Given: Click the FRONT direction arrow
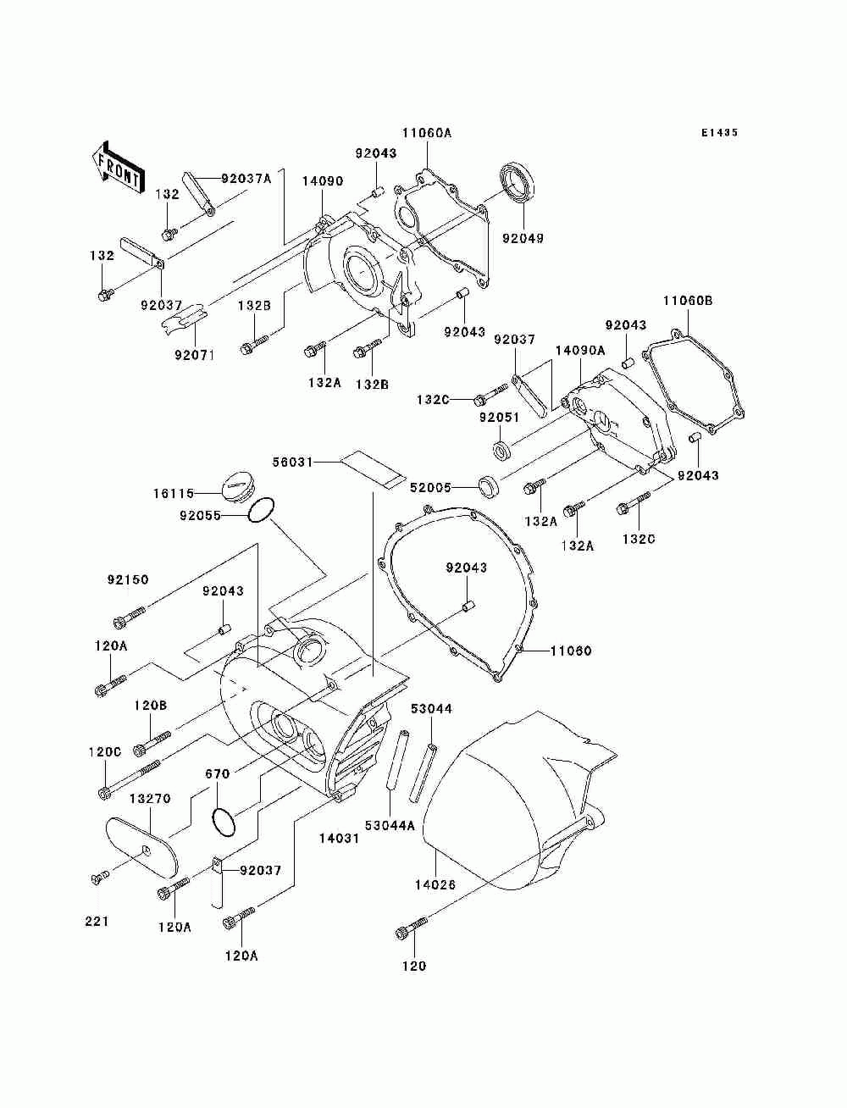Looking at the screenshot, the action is click(119, 168).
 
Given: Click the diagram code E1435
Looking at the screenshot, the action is click(719, 133).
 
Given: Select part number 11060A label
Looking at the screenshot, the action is click(427, 133).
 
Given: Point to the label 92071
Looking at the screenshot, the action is click(195, 355).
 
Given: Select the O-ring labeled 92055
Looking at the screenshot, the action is click(261, 510).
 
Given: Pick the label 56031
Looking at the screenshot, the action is click(293, 462).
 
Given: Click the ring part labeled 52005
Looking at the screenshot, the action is click(489, 486).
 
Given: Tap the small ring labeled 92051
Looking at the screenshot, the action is click(501, 448).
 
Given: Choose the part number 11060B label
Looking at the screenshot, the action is click(688, 301).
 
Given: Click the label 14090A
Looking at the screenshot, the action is click(580, 350).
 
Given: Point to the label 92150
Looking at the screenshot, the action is click(128, 579).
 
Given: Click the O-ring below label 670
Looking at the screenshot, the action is click(223, 823).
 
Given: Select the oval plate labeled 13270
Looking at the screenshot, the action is click(141, 845).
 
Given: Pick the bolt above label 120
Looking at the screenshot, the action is click(411, 928).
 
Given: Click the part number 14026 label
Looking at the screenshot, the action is click(435, 884).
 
